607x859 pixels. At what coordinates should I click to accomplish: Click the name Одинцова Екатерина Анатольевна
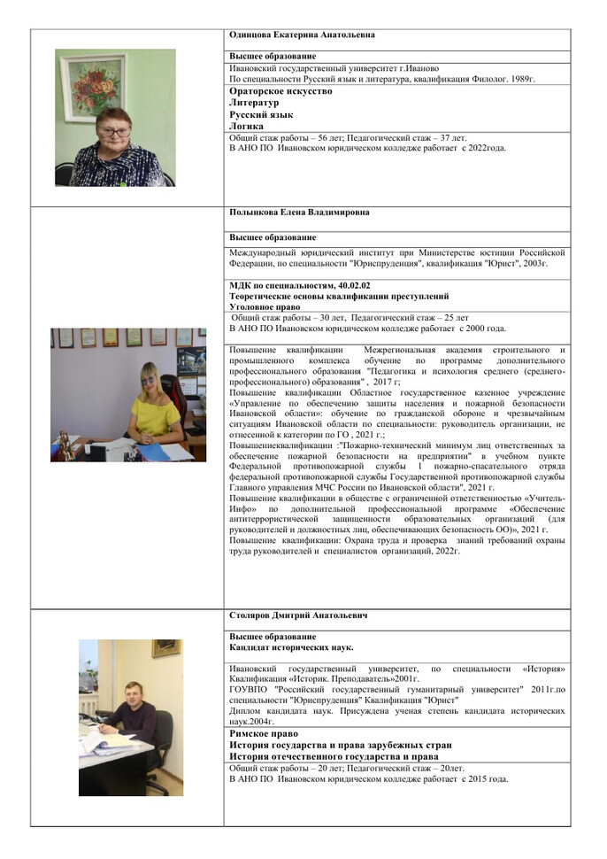[302, 35]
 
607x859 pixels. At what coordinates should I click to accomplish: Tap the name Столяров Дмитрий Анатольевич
[298, 615]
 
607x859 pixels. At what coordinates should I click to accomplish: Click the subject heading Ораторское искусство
[280, 91]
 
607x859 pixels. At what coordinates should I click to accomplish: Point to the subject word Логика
[246, 127]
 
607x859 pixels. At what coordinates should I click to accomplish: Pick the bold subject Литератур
[254, 103]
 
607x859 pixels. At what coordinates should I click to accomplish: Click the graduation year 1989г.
[521, 79]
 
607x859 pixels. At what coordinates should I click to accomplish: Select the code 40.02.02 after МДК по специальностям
[353, 285]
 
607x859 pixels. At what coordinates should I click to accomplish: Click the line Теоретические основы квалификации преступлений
[339, 296]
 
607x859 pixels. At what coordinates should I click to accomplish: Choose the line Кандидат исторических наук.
[291, 647]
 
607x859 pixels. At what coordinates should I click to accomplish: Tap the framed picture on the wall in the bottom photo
[165, 647]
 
